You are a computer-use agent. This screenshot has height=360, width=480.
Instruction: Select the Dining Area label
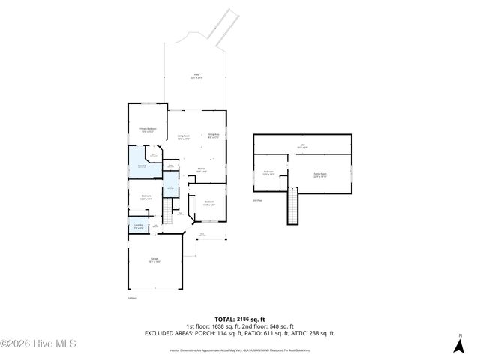tap(213, 136)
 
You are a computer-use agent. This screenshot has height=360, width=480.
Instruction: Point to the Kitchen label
tap(202, 170)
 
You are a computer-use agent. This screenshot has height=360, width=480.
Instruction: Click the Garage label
tap(154, 259)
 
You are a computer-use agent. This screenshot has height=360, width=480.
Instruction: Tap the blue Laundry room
tap(139, 227)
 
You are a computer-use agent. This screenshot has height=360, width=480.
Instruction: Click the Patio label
tap(196, 76)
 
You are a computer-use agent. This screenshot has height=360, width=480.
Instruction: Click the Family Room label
tap(320, 175)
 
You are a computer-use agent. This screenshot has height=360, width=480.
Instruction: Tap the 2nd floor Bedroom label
tap(268, 173)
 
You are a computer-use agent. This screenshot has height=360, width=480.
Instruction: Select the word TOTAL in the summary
tap(225, 319)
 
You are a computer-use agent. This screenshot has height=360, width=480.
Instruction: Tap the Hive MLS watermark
tap(38, 343)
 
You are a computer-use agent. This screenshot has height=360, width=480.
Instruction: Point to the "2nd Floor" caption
tap(256, 201)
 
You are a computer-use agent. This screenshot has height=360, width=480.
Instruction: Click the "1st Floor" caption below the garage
tap(131, 298)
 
